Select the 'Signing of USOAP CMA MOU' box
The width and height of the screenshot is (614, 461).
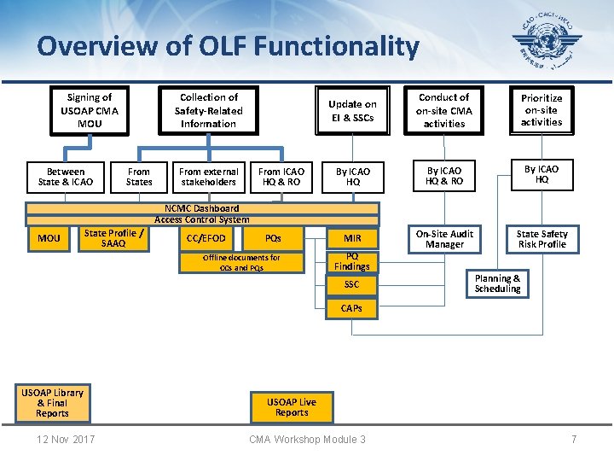(x=90, y=111)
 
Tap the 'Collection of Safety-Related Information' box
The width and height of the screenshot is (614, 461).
(x=209, y=111)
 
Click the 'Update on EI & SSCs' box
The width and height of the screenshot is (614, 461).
(x=353, y=110)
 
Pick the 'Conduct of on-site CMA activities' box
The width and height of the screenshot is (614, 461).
(x=444, y=111)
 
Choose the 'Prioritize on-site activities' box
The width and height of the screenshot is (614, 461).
(x=542, y=110)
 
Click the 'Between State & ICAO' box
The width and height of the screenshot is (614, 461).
(x=67, y=177)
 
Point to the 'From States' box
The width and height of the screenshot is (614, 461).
(x=139, y=177)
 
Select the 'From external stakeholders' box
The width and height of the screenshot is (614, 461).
(x=209, y=177)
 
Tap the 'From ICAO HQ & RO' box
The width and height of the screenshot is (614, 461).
(x=281, y=177)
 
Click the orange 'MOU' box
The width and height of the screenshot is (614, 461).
(x=49, y=238)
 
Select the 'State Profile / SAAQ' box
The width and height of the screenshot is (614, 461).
(x=113, y=238)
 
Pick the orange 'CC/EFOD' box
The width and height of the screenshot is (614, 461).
(x=206, y=238)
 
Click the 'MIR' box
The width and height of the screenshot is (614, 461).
(x=352, y=238)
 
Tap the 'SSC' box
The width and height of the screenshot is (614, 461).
(x=352, y=284)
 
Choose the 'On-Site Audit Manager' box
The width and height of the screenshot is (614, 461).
(x=444, y=239)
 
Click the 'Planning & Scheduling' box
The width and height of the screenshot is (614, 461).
(x=498, y=283)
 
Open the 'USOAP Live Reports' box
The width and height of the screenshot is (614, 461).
(x=292, y=407)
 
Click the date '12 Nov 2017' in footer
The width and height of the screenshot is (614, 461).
(x=67, y=439)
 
